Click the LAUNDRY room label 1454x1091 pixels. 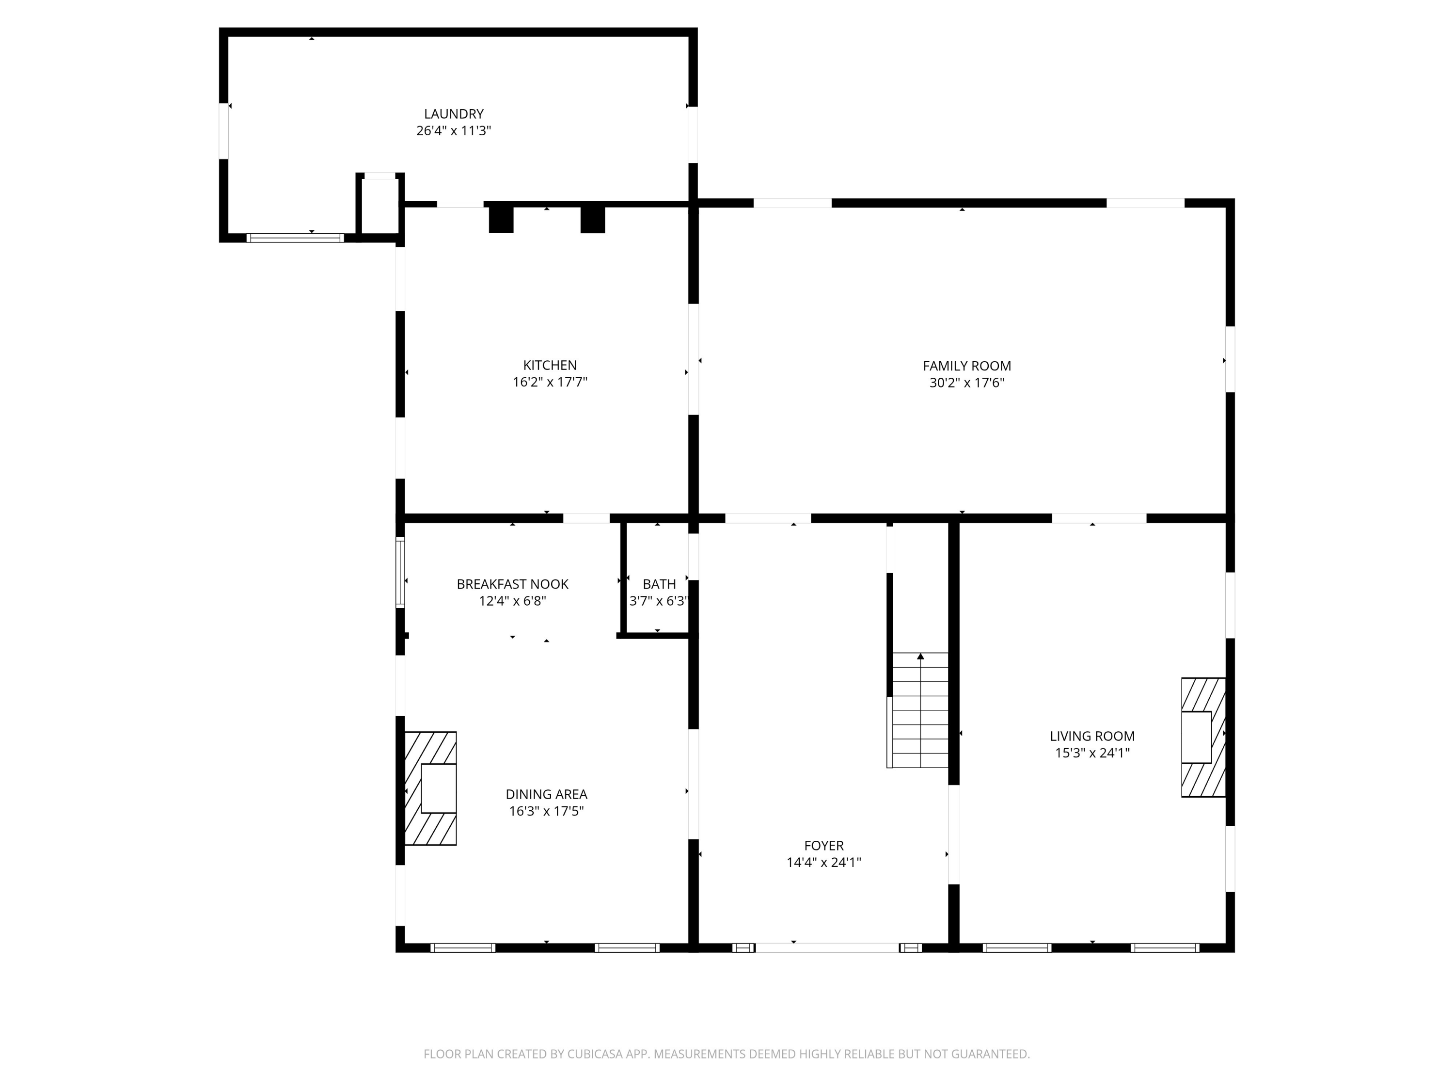(x=454, y=114)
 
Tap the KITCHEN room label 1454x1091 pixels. (x=550, y=365)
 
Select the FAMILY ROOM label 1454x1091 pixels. (x=967, y=366)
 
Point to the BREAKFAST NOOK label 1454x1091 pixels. (x=513, y=584)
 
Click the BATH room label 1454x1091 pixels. (x=659, y=584)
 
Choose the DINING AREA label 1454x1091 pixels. (x=546, y=794)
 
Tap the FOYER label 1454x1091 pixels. (x=823, y=846)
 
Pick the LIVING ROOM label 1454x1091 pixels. (x=1092, y=737)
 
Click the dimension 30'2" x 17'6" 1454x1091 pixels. (x=967, y=383)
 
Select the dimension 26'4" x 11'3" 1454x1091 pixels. (x=454, y=131)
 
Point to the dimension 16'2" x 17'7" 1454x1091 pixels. (x=550, y=382)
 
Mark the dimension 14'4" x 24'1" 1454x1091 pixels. (x=823, y=863)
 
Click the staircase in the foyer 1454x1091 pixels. (x=917, y=710)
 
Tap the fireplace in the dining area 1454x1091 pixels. (x=430, y=788)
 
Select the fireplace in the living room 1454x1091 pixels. (x=1203, y=737)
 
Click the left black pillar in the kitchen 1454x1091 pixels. (x=501, y=220)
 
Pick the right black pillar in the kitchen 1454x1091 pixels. (x=592, y=220)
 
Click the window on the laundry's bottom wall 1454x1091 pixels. (x=295, y=238)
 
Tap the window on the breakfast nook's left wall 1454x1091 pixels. (x=400, y=572)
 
